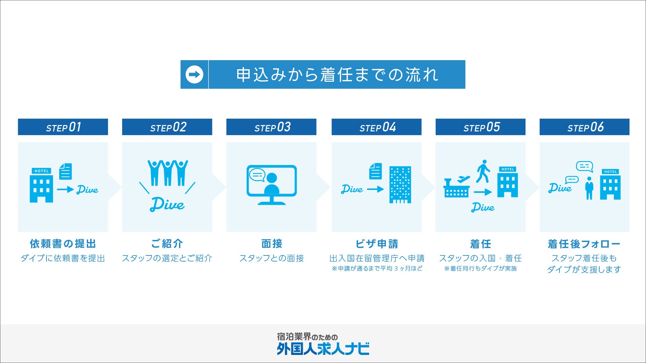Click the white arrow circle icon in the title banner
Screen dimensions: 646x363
(194, 75)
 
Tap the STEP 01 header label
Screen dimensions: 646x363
(63, 127)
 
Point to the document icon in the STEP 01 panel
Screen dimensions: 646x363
(66, 171)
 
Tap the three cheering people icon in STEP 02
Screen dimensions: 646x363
(168, 173)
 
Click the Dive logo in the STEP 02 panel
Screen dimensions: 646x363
(167, 204)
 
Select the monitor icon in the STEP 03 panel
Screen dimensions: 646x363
(272, 185)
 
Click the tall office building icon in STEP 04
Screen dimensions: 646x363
(400, 185)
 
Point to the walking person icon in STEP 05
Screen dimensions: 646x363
(483, 171)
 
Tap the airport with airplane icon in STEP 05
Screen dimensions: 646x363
(457, 188)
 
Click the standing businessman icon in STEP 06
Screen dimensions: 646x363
(589, 188)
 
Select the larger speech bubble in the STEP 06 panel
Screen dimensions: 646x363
(584, 166)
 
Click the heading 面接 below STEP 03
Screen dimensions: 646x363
(272, 244)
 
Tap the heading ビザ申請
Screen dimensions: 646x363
(376, 244)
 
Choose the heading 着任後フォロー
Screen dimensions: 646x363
(584, 244)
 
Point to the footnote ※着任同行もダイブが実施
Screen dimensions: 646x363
(480, 269)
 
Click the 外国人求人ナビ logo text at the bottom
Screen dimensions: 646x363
(323, 349)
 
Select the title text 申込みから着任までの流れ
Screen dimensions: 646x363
(337, 75)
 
